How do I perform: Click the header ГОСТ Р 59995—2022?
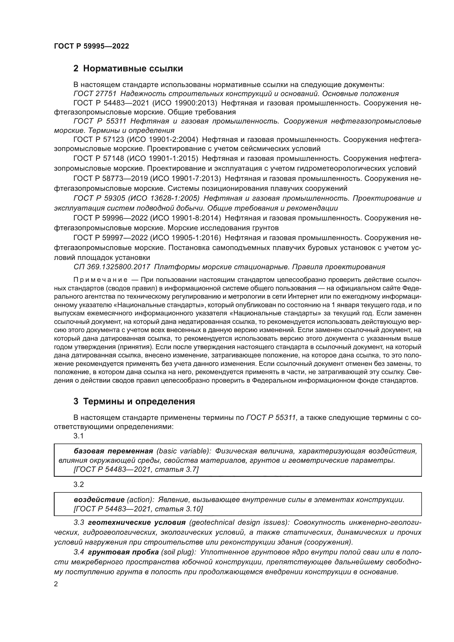point(91,46)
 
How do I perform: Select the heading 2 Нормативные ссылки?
point(128,68)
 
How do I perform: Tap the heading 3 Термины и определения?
point(134,401)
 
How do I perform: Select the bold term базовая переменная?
point(113,451)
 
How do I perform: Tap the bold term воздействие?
point(99,500)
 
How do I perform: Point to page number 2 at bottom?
point(56,584)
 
